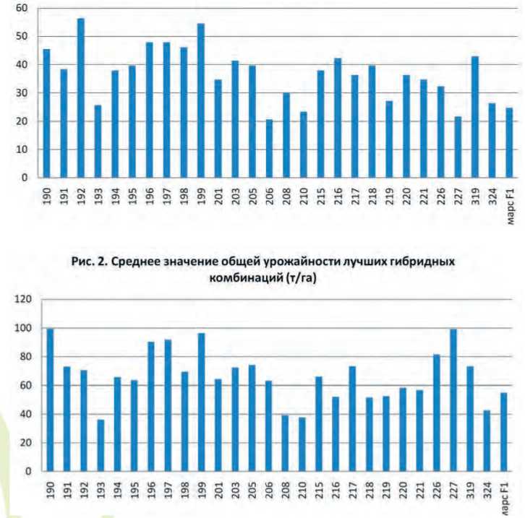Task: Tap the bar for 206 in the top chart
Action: tap(270, 148)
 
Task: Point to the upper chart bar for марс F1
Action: tap(509, 143)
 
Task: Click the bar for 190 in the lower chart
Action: tap(50, 400)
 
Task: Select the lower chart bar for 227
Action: tap(453, 400)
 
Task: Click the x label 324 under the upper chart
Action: tap(492, 196)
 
